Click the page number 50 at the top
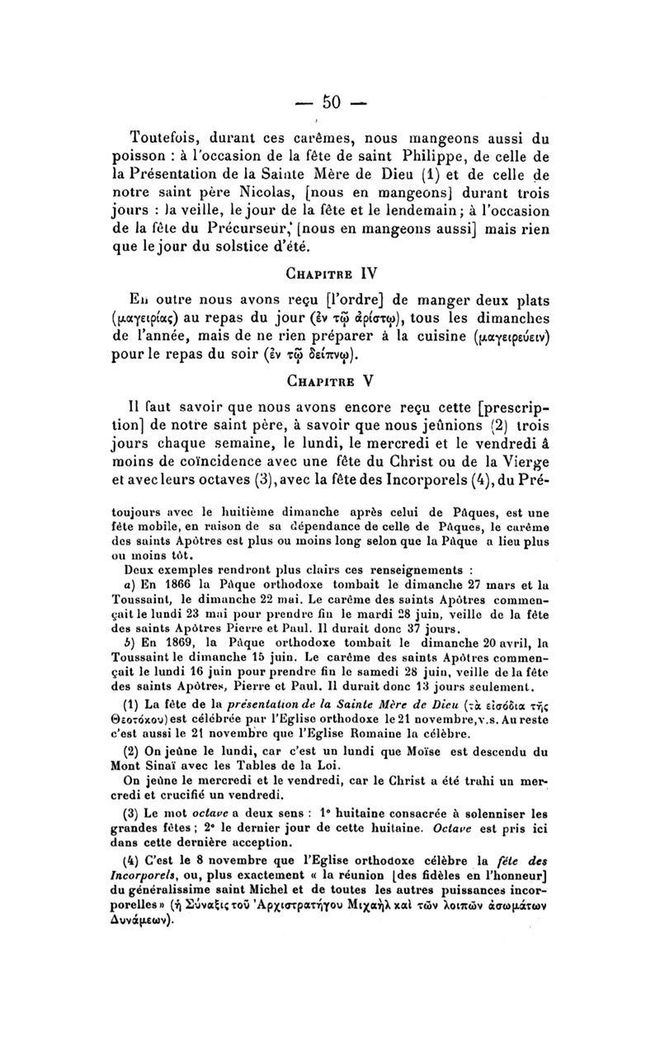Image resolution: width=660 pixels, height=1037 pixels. [x=332, y=101]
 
